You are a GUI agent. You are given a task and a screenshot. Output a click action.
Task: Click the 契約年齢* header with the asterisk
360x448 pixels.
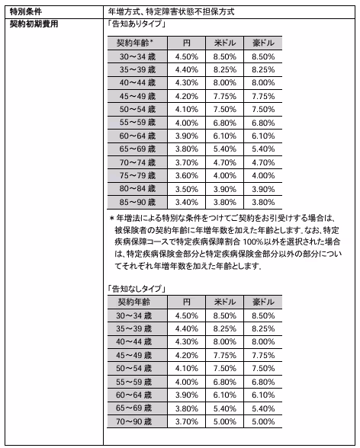pos(136,43)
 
